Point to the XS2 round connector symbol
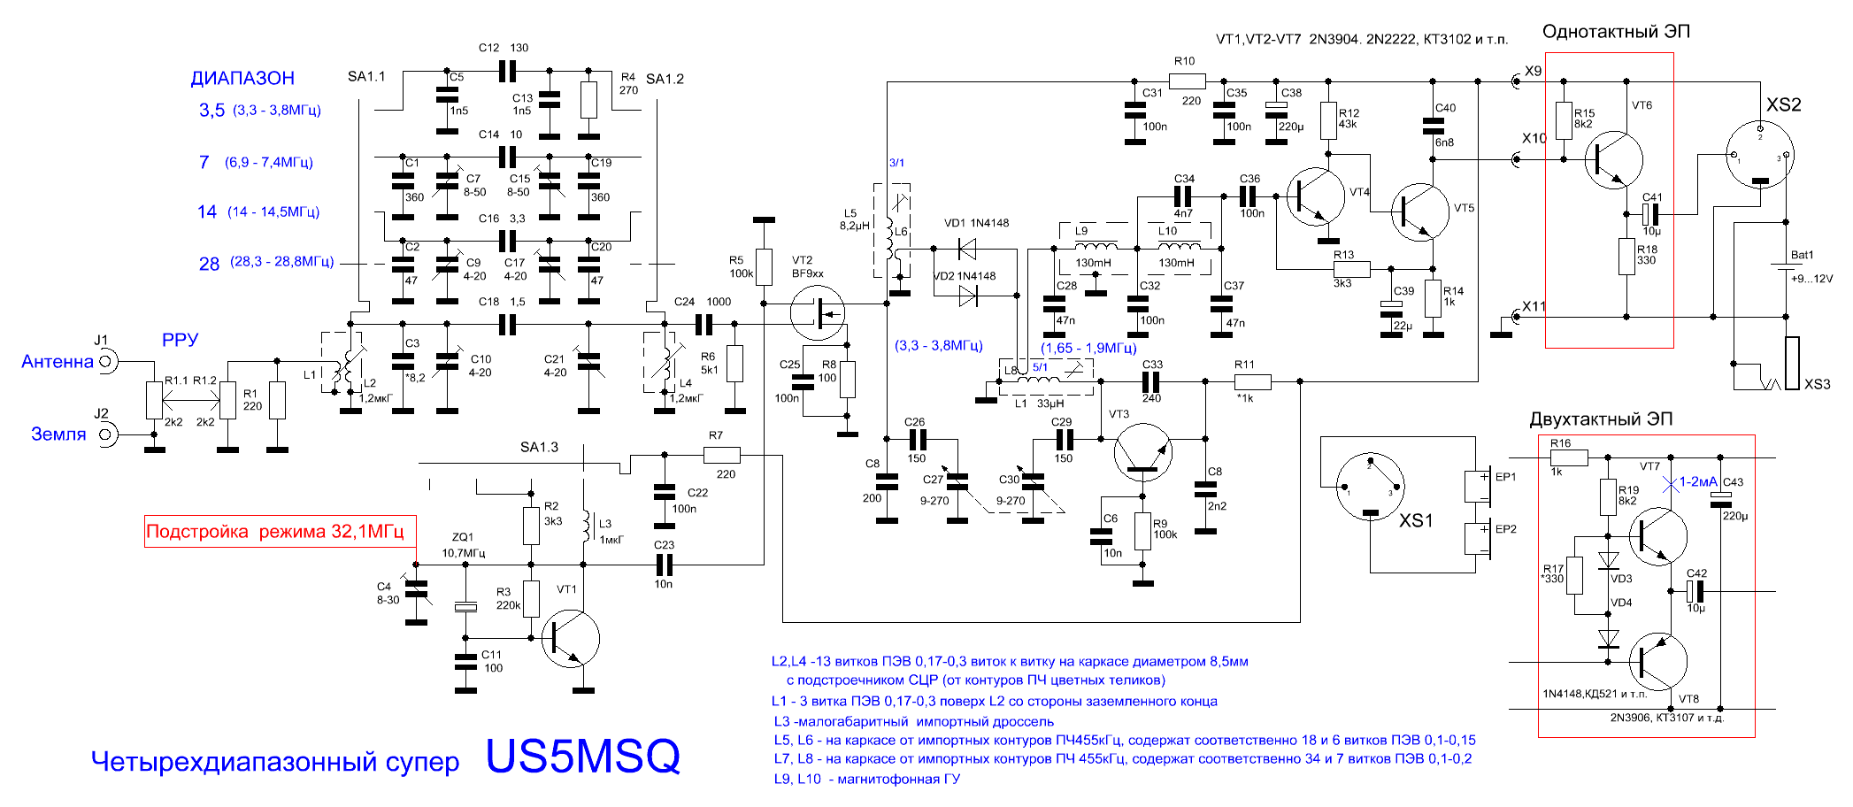point(1760,153)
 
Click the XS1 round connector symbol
point(1370,486)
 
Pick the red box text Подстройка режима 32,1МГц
point(274,532)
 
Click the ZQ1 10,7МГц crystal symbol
point(465,606)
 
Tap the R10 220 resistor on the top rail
point(1187,81)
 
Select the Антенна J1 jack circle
point(105,361)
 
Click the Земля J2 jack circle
point(105,434)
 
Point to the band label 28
point(209,264)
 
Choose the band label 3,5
point(211,111)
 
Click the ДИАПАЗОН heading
point(242,78)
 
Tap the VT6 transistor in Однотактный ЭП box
point(1613,160)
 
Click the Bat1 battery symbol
point(1786,270)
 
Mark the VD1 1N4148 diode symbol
point(966,249)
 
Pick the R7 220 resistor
point(722,455)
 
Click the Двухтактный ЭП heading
point(1601,419)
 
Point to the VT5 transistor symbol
point(1420,212)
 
